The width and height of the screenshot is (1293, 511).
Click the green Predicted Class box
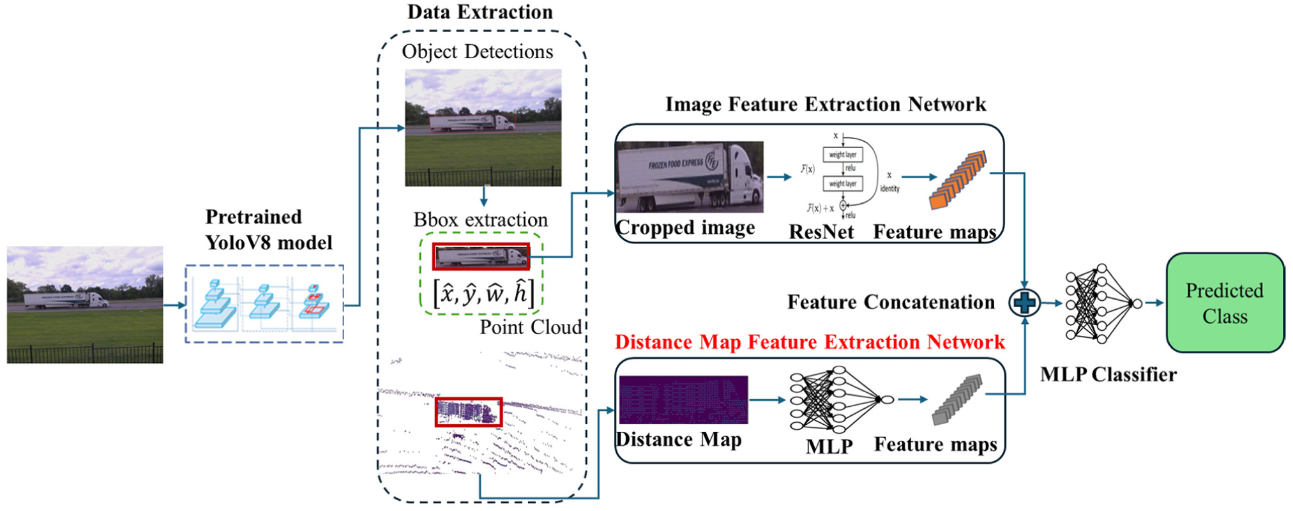point(1225,303)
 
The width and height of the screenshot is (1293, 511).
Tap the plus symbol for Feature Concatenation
point(1024,303)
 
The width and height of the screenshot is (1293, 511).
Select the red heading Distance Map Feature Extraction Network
point(810,342)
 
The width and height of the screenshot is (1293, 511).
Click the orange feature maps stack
point(958,180)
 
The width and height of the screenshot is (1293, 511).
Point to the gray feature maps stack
point(957,400)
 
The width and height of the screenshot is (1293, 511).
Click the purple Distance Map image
point(683,400)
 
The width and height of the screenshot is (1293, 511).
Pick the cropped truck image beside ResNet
point(689,177)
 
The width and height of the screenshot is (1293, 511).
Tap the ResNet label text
point(821,232)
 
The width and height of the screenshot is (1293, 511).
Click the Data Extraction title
point(480,12)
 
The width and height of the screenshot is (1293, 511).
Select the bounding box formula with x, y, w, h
point(483,293)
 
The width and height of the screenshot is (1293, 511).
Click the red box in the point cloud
point(469,412)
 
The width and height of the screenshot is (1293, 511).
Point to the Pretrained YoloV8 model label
point(268,230)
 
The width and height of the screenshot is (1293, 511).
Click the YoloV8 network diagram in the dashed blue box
point(264,304)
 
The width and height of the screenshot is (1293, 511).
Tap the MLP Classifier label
point(1108,374)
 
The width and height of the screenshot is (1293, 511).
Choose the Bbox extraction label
point(480,220)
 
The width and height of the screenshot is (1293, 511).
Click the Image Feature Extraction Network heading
point(825,104)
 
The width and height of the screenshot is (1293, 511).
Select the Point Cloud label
point(531,327)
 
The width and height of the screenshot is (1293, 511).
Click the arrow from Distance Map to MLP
point(767,400)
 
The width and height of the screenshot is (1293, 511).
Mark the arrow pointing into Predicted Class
point(1154,303)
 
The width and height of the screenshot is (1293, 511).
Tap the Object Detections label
point(477,52)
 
